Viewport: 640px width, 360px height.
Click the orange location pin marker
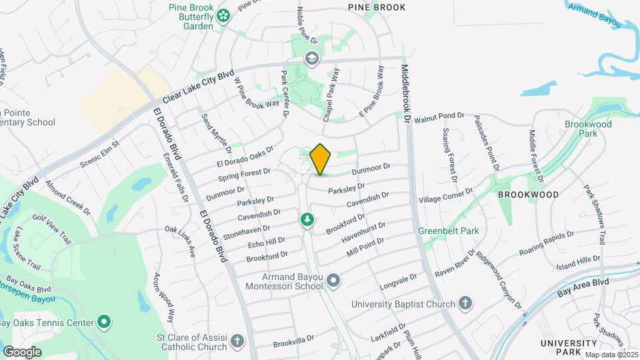[321, 159]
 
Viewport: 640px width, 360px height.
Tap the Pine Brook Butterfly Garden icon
[224, 13]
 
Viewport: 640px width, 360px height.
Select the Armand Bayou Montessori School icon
[334, 281]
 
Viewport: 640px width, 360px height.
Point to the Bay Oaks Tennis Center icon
[104, 323]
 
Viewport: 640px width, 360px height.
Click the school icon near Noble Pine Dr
[311, 59]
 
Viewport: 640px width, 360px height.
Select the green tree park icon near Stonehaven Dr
[307, 219]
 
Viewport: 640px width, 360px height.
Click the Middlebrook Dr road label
[406, 89]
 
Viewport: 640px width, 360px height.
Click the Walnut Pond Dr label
[439, 118]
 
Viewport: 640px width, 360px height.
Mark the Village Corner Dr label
[445, 195]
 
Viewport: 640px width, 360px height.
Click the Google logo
[22, 351]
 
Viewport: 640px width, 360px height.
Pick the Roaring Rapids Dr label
[547, 244]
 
